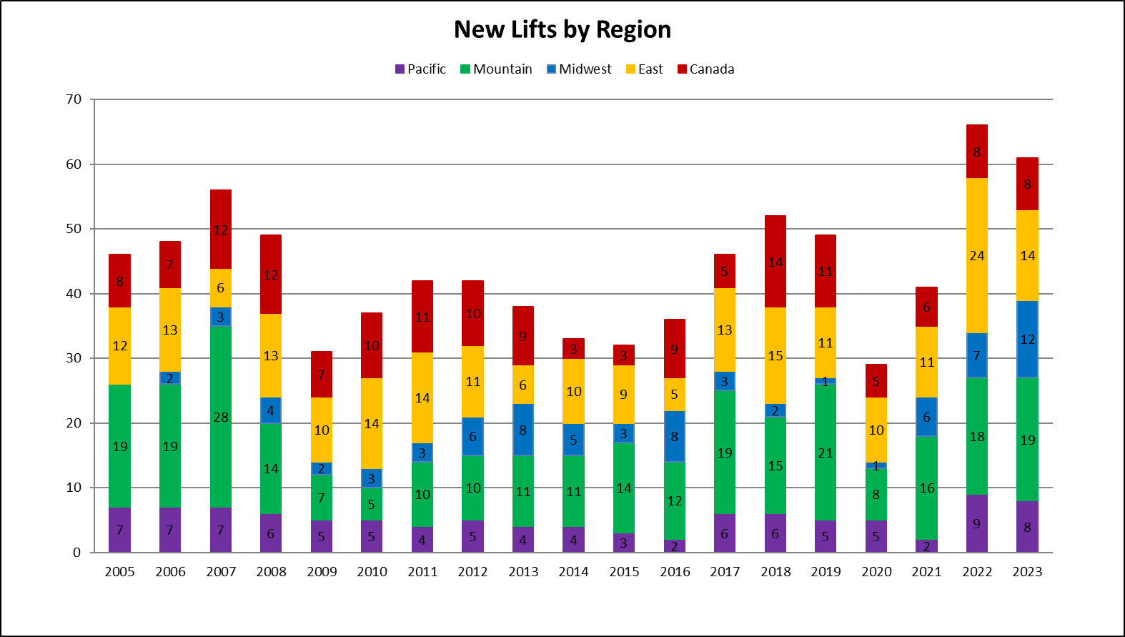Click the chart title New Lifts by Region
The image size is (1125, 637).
tap(562, 30)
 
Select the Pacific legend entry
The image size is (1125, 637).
tap(420, 69)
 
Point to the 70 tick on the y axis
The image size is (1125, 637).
tap(74, 99)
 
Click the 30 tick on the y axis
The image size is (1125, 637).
tap(74, 358)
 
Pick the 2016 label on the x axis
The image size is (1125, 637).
tap(675, 572)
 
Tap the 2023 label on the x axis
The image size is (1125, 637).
tap(1027, 572)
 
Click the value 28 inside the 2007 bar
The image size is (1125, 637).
tap(221, 418)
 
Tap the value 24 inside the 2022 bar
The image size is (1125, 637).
tap(977, 256)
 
